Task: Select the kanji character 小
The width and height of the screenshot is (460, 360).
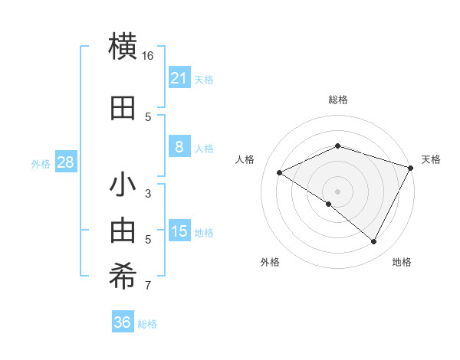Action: pos(123,186)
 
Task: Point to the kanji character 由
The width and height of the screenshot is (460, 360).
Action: pos(123,231)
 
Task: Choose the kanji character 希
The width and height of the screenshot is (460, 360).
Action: pos(123,277)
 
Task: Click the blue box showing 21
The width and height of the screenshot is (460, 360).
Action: pos(179,78)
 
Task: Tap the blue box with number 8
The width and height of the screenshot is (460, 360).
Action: pos(179,148)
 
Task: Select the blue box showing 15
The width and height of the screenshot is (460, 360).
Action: pos(179,231)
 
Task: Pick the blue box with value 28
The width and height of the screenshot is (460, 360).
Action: pos(65,162)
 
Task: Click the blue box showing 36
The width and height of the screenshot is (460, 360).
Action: pos(123,322)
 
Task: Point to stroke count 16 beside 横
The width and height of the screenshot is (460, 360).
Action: pos(148,56)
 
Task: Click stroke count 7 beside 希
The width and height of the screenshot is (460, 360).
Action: pos(148,286)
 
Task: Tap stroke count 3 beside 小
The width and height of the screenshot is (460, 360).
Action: pos(148,194)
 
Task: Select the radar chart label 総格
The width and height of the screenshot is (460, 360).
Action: pos(338,100)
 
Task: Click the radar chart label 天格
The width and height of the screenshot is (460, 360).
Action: pos(431,159)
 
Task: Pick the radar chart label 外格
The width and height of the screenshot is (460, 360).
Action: pos(270,262)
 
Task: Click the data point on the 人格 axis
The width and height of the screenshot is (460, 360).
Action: pos(280,173)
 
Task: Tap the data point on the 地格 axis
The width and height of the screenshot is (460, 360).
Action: pos(374,242)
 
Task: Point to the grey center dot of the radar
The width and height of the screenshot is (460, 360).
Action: pos(338,191)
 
